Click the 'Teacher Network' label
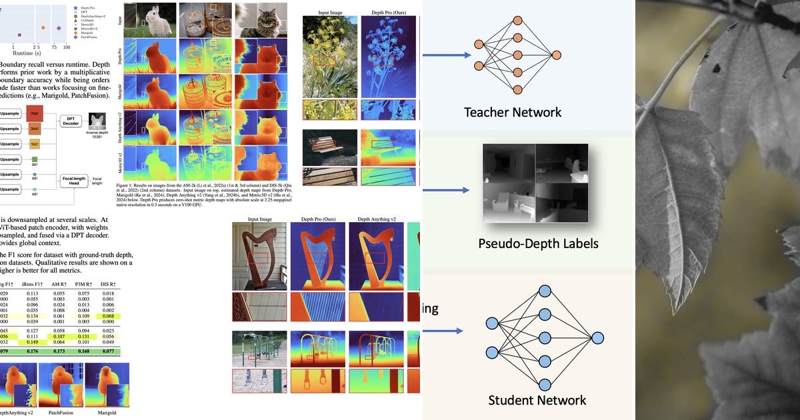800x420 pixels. click(513, 112)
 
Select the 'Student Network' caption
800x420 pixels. click(537, 400)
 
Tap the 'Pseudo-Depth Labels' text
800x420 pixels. click(538, 243)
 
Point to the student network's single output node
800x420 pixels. click(597, 337)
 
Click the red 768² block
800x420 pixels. click(33, 113)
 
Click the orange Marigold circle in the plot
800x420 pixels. click(43, 28)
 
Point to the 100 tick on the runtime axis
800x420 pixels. click(66, 47)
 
